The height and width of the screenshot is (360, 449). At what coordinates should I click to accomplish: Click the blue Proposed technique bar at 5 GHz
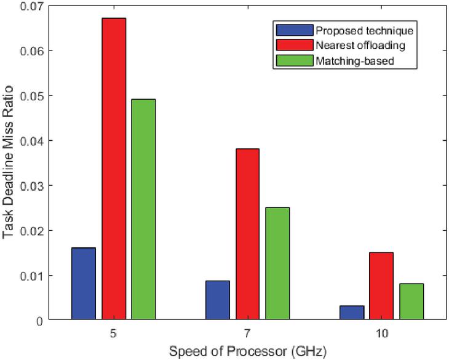(84, 284)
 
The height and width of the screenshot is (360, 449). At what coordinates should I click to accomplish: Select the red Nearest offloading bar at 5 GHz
(114, 169)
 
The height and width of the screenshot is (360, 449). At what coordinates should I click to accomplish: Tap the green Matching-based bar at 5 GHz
(143, 209)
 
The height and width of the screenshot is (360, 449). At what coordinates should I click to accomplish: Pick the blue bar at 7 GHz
(218, 300)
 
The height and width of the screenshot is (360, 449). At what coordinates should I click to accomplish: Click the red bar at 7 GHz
(247, 234)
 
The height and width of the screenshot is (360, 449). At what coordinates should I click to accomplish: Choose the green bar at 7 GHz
(277, 263)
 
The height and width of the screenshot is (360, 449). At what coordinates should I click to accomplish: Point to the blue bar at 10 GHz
(352, 313)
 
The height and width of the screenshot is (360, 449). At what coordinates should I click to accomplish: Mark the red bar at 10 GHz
(381, 286)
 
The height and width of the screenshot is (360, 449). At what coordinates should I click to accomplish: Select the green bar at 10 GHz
(411, 302)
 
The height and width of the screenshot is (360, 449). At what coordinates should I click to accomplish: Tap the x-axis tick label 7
(247, 333)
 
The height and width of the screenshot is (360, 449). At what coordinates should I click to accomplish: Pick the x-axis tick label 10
(381, 333)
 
